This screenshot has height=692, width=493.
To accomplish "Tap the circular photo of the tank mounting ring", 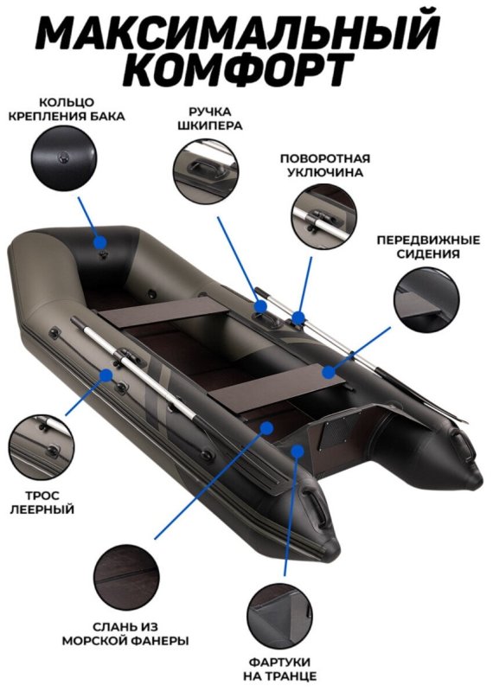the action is (x=64, y=157).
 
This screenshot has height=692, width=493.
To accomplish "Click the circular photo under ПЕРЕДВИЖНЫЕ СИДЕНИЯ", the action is (x=426, y=299).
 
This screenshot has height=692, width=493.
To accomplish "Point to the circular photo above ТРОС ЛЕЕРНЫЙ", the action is (x=42, y=447).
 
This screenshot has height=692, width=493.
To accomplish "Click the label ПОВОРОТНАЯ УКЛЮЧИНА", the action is (x=325, y=165).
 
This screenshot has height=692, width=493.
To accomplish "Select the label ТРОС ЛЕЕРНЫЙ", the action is (x=42, y=503).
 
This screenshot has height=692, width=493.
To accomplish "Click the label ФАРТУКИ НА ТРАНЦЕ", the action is (x=279, y=669).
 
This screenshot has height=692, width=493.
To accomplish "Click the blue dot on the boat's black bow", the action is (x=100, y=242).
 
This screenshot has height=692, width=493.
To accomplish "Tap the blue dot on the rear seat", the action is (x=328, y=372).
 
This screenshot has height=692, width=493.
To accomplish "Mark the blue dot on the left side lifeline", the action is (x=106, y=375).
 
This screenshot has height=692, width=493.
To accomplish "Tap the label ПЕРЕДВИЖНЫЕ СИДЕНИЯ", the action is (x=428, y=247).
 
